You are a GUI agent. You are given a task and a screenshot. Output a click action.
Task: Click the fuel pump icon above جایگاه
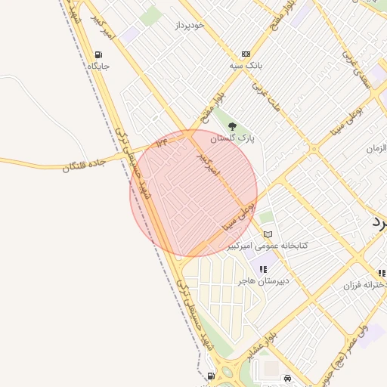click(x=98, y=54)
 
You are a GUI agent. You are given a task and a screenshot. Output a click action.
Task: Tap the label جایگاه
click(x=98, y=67)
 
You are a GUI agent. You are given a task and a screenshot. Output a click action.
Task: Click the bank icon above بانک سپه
click(x=246, y=54)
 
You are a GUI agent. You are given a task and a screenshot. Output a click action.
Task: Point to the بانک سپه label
click(x=246, y=66)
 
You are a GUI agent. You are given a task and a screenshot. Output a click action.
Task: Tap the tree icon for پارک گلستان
click(x=232, y=126)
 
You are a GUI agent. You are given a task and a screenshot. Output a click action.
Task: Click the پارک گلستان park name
click(x=232, y=138)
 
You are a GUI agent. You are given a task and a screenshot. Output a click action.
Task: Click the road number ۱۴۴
click(x=161, y=141)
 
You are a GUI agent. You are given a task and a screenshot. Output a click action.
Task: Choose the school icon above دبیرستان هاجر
click(x=263, y=269)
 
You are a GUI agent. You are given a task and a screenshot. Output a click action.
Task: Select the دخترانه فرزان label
click(x=366, y=285)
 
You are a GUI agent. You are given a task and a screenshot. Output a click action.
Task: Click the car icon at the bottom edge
click(x=287, y=378)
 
